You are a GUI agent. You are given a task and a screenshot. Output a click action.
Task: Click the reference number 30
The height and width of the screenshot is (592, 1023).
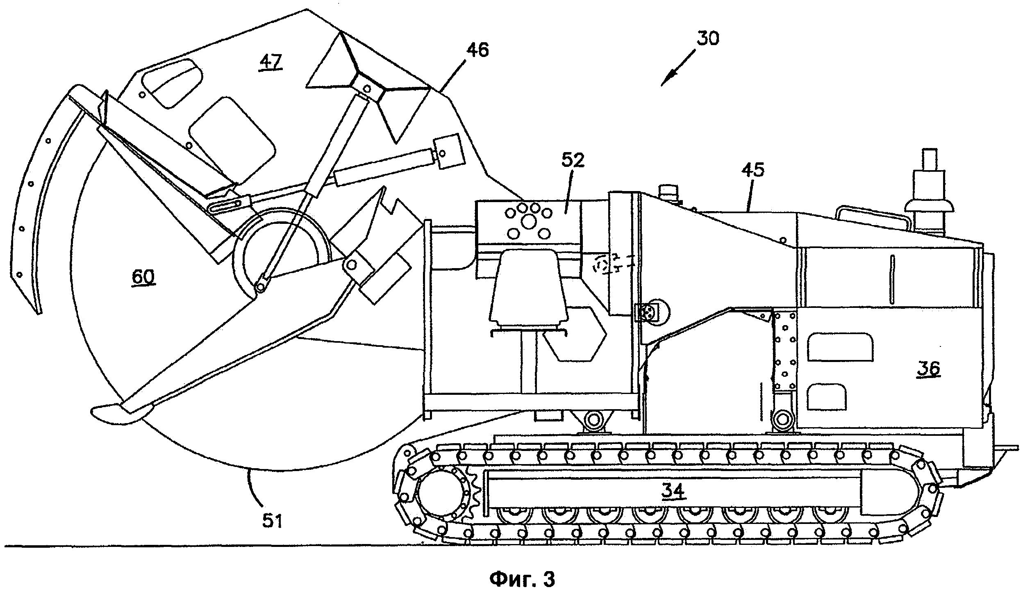(708, 38)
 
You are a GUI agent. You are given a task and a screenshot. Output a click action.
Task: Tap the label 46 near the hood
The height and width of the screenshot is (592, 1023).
(477, 50)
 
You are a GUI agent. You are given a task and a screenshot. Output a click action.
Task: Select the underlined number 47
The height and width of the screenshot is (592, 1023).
(271, 62)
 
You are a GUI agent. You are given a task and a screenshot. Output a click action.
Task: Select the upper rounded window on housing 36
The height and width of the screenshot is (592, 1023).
(840, 346)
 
